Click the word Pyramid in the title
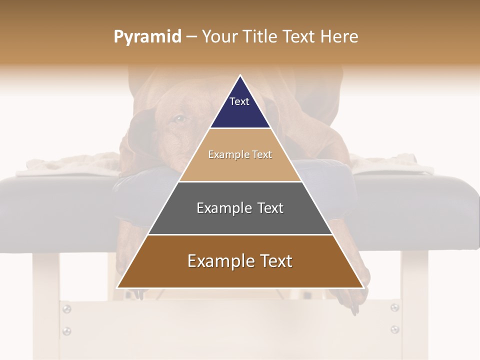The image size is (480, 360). tap(147, 37)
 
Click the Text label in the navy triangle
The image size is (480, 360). tap(239, 101)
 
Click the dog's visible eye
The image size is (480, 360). tap(180, 119)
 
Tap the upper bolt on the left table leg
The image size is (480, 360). tap(66, 309)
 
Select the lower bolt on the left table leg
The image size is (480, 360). tap(66, 330)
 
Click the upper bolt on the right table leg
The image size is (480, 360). tap(394, 307)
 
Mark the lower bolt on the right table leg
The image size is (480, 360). tap(394, 329)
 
